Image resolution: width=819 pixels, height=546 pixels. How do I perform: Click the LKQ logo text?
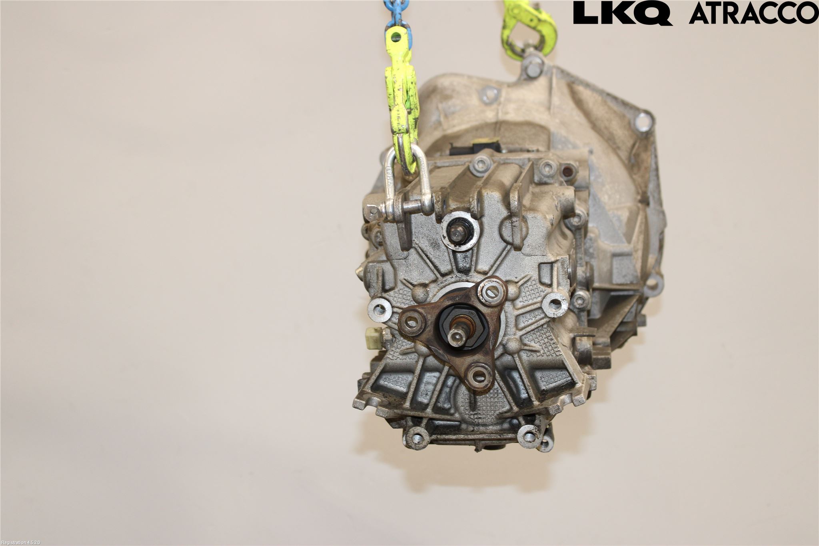(x=623, y=14)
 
